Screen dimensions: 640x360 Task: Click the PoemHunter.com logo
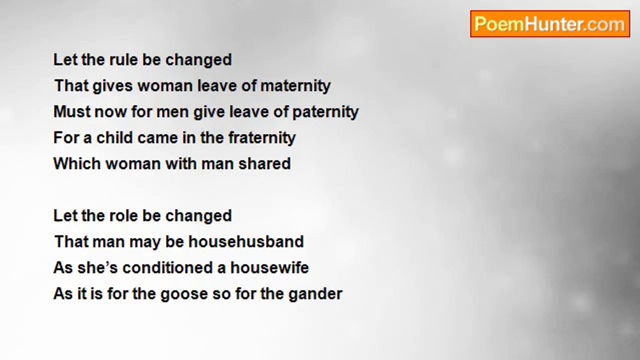point(550,24)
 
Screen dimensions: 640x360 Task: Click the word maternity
point(295,86)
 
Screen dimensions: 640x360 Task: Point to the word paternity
point(325,112)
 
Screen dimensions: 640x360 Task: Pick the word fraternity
point(261,138)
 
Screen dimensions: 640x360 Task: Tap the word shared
point(264,163)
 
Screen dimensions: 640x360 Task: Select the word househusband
point(246,241)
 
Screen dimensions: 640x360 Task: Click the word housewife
point(269,267)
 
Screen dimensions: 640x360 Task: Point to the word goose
point(184,294)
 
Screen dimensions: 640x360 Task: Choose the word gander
point(315,294)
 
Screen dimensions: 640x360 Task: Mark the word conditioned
point(167,267)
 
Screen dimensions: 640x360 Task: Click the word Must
point(71,111)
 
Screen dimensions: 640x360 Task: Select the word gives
point(113,86)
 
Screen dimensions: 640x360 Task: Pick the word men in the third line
point(172,112)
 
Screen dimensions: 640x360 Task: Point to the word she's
point(97,267)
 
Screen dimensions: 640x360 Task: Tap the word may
point(145,242)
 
